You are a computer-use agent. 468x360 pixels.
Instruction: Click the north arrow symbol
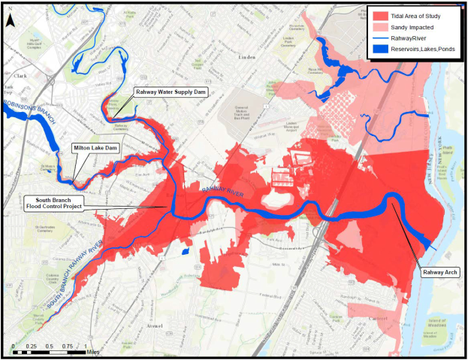[11, 21]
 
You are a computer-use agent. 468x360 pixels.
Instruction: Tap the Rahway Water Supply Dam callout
[170, 92]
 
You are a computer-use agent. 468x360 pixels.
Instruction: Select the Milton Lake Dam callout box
[95, 149]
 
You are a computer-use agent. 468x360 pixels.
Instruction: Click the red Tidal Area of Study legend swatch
[379, 16]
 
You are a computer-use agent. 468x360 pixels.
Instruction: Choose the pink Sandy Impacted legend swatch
[379, 29]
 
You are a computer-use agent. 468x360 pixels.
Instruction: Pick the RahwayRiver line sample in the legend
[379, 41]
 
